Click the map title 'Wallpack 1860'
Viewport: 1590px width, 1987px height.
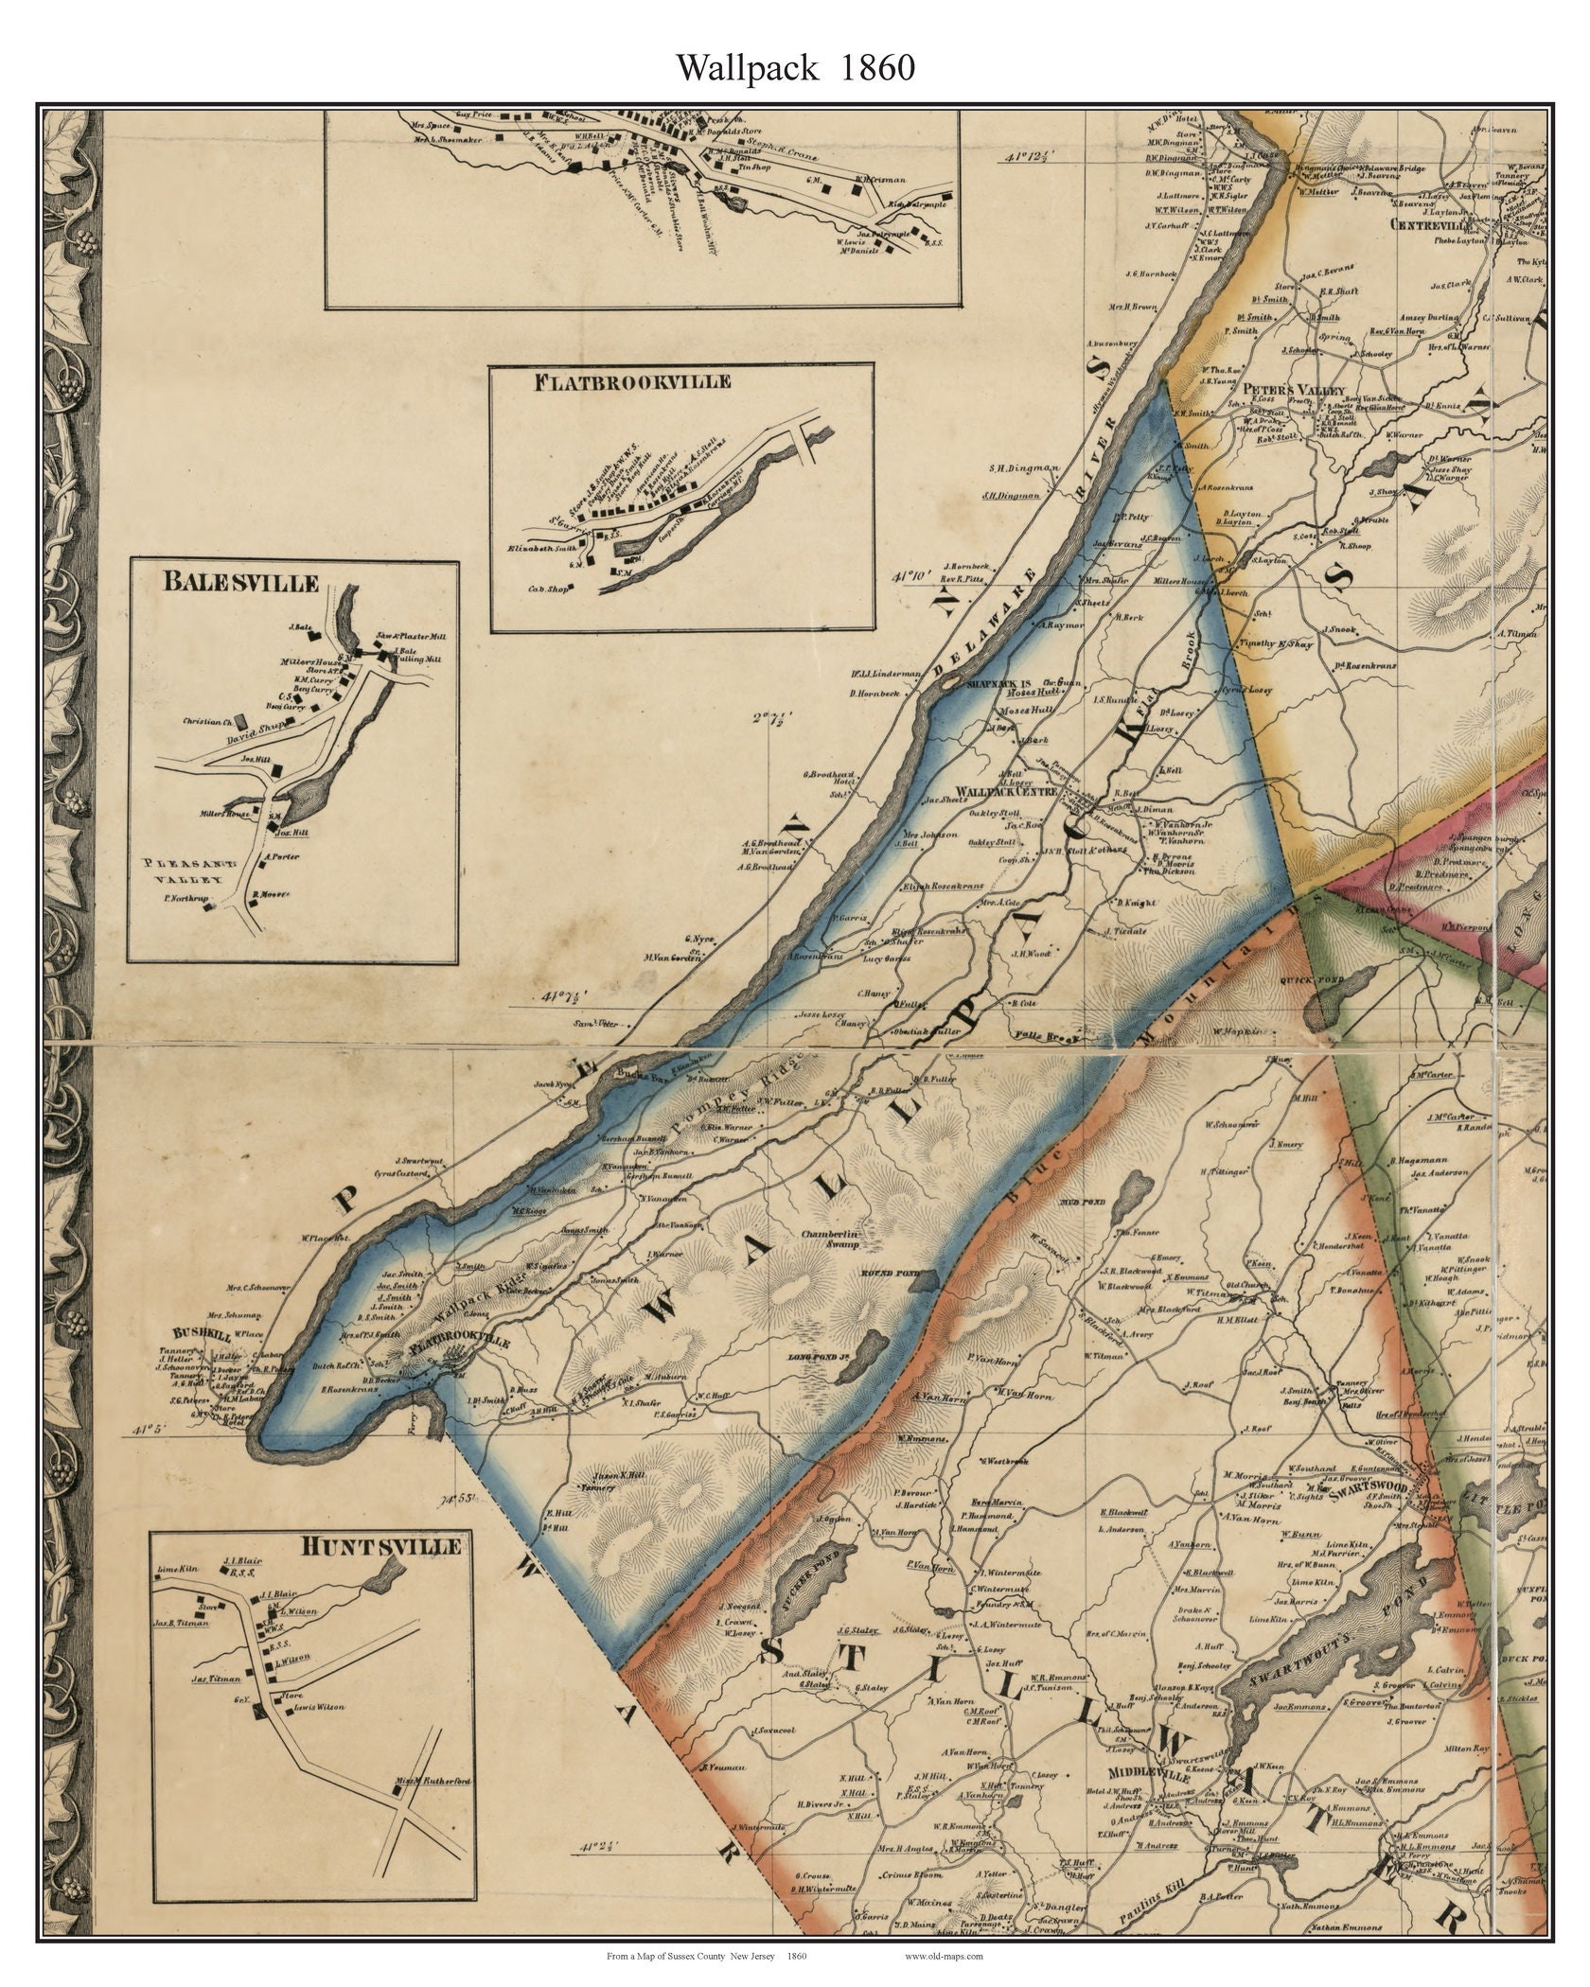pyautogui.click(x=794, y=67)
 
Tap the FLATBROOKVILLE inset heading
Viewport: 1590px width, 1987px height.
pyautogui.click(x=632, y=382)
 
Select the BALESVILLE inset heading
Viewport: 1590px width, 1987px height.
pyautogui.click(x=240, y=582)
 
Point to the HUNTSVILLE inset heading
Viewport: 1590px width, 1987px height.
pyautogui.click(x=381, y=1545)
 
